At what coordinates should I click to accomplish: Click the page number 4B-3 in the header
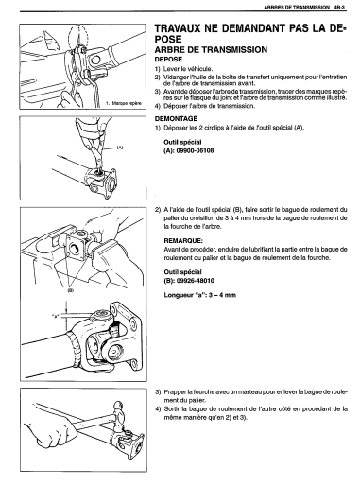tap(340, 7)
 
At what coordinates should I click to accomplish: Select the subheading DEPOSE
tap(168, 60)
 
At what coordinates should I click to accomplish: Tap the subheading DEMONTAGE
tap(176, 119)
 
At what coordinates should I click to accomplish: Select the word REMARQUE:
tap(183, 241)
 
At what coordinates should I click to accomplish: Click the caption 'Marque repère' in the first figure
tap(127, 103)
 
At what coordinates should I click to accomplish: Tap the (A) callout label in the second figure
tap(120, 148)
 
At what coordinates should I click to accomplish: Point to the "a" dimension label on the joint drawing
tap(56, 316)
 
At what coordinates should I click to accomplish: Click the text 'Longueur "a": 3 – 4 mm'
tap(200, 295)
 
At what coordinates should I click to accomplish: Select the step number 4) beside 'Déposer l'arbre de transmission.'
tap(158, 106)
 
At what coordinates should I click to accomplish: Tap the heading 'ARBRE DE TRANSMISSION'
tap(211, 49)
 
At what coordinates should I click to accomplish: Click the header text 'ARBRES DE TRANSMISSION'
tap(297, 7)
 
